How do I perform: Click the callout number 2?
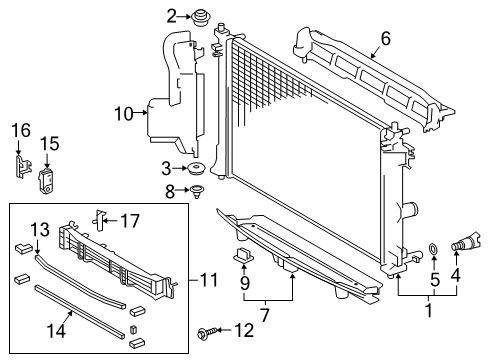172,15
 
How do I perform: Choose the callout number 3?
167,168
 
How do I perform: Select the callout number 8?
170,189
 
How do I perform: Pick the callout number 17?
131,218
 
